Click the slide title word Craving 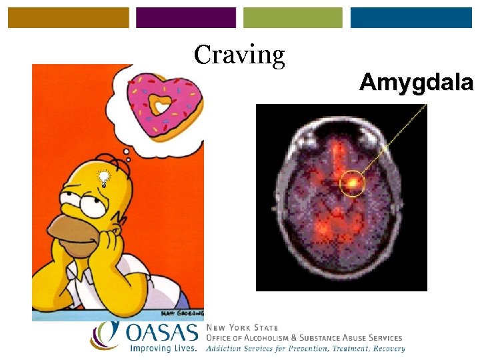(x=239, y=55)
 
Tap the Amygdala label (x=416, y=83)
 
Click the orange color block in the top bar (x=69, y=18)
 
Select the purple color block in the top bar (x=186, y=18)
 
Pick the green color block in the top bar (x=293, y=18)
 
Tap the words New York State (x=243, y=328)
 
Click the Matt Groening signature (x=181, y=313)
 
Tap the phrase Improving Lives (x=163, y=348)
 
